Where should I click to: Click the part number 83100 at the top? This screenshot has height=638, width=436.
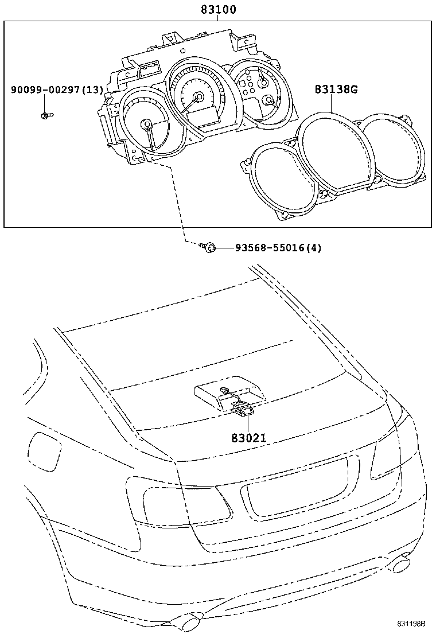[219, 10]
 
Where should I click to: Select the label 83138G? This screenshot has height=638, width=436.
[336, 90]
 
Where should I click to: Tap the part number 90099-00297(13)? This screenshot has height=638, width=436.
[57, 90]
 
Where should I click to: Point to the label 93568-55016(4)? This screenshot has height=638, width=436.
[278, 248]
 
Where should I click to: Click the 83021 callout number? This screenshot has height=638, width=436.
[249, 438]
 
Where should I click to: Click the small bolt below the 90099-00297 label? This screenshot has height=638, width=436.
[46, 116]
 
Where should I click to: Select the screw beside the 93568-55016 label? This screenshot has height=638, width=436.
[208, 248]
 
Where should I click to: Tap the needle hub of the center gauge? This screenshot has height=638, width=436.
[198, 98]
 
